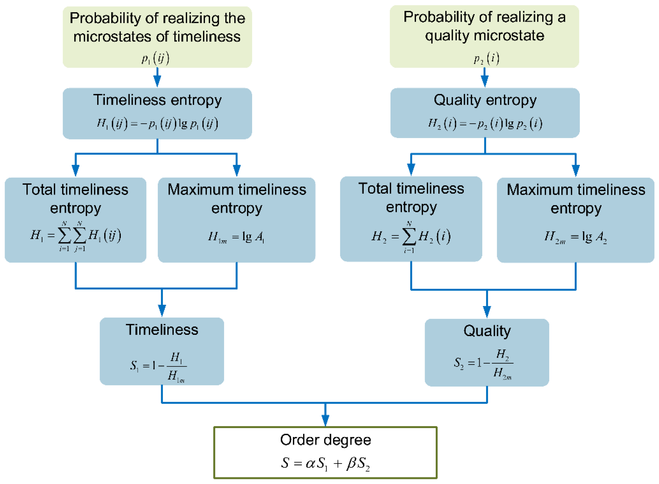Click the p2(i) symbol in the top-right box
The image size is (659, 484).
pos(487,59)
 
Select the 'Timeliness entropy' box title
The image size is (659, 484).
pos(157,100)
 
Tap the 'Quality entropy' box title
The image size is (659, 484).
pos(485,100)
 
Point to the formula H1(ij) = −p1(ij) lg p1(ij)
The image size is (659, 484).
pos(157,124)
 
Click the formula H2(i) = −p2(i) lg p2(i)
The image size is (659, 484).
pos(485,124)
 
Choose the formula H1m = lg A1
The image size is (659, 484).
pos(236,237)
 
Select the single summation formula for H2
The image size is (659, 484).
pos(411,237)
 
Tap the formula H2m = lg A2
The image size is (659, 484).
pos(575,237)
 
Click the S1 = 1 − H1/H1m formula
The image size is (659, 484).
pos(158,366)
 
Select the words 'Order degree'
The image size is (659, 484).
pos(325,440)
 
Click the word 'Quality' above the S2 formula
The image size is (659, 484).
pos(487,331)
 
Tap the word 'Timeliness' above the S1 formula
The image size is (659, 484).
pos(162,330)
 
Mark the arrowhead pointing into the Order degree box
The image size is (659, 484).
pos(325,421)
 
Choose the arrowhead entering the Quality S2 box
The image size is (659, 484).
pos(487,312)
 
